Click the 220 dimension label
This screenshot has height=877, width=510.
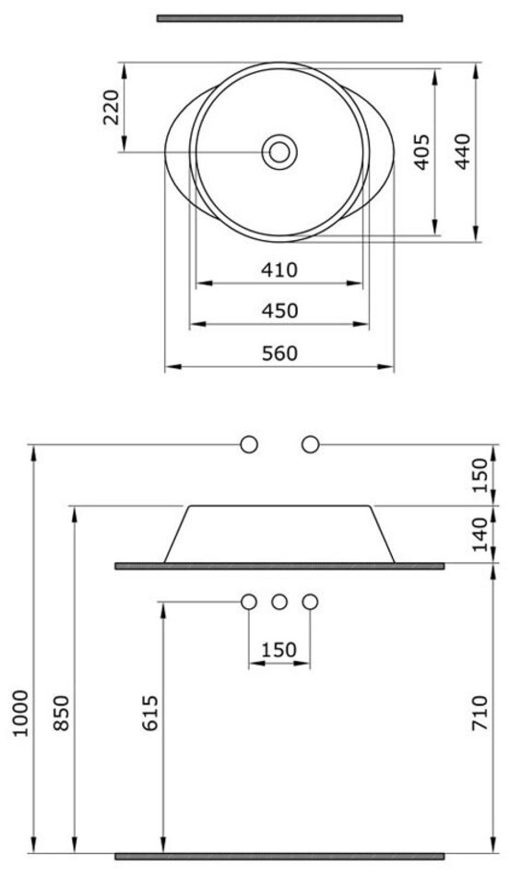tap(112, 107)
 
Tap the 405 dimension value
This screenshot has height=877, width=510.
tap(421, 151)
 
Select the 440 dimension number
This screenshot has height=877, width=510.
tap(463, 151)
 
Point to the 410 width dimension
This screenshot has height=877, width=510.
tap(279, 270)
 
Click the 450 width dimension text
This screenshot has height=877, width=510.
tap(279, 310)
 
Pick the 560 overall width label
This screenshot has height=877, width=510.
tap(279, 354)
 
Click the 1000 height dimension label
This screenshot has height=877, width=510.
tap(20, 714)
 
